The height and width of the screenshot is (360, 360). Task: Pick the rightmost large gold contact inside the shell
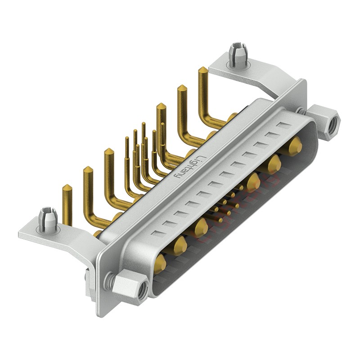pos(296,145)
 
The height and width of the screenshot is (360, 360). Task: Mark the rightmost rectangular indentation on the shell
pos(283,125)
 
